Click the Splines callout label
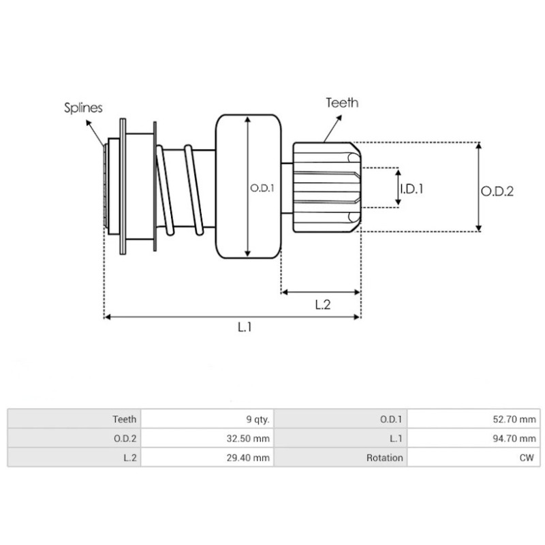(x=83, y=107)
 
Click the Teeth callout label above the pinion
(x=341, y=103)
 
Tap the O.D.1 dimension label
(x=262, y=189)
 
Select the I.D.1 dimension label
(x=411, y=188)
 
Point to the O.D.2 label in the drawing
(x=497, y=191)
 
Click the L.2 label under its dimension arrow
(x=322, y=305)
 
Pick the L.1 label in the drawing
(x=245, y=328)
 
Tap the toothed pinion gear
(x=324, y=186)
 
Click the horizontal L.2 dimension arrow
(x=320, y=292)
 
